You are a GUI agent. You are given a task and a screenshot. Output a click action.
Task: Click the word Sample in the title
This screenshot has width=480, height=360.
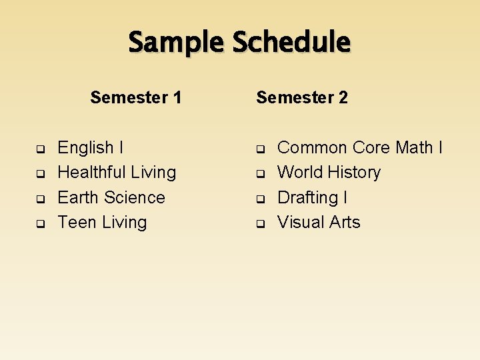tap(177, 43)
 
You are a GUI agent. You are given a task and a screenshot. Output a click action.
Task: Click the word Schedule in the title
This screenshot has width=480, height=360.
tap(291, 43)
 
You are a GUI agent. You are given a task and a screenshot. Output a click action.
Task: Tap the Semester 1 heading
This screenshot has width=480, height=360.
tap(136, 97)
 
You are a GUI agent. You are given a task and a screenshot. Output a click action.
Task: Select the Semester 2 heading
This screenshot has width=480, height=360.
tap(302, 97)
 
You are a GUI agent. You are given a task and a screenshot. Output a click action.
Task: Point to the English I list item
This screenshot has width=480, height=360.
tap(90, 147)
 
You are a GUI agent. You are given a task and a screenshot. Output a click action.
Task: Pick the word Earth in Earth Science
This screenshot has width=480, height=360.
tap(76, 197)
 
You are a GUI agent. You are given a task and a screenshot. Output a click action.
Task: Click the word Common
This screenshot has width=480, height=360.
tap(312, 147)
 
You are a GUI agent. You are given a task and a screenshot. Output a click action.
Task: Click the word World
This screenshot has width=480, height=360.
tap(299, 172)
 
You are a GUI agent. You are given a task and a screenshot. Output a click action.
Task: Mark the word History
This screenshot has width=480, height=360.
tap(353, 172)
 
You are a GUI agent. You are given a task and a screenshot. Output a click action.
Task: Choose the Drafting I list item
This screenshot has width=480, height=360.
tap(312, 197)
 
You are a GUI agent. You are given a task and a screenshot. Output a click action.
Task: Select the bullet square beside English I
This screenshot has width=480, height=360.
tap(40, 149)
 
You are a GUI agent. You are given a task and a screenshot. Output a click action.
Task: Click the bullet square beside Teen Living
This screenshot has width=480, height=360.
tap(40, 223)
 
